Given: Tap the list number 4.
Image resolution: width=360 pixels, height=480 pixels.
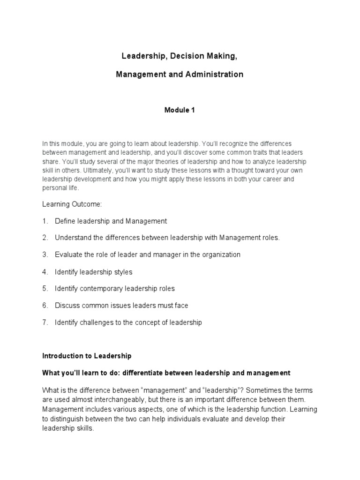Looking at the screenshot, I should coord(45,272).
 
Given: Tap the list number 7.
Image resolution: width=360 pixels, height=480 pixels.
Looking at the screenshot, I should coord(45,322).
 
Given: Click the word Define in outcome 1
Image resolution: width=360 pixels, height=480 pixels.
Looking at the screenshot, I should coord(65,221).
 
